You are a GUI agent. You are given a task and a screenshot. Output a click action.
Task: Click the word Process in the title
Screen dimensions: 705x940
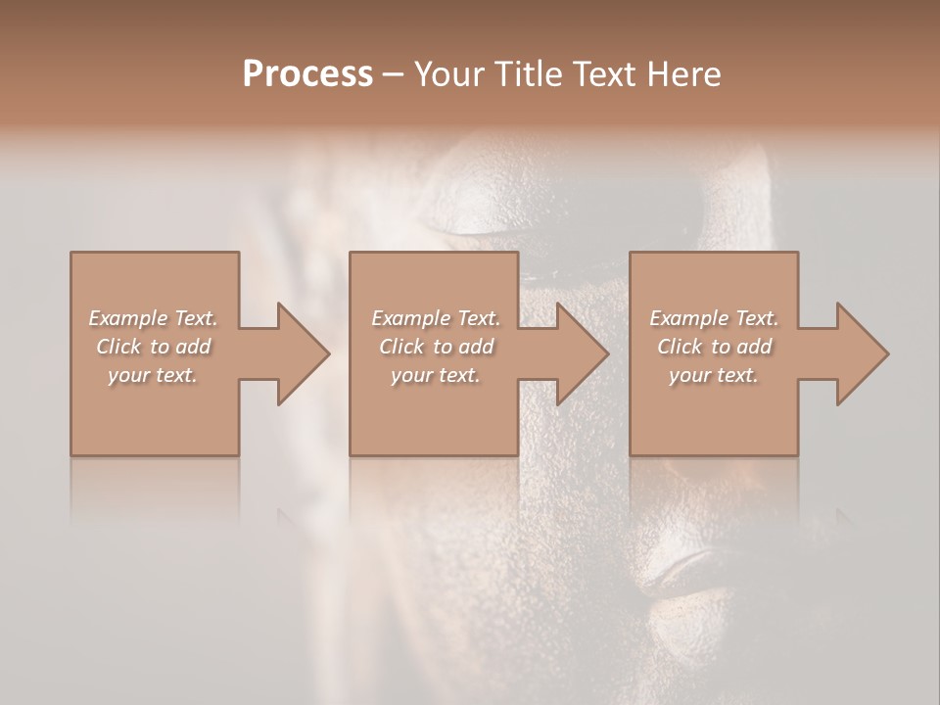click(307, 74)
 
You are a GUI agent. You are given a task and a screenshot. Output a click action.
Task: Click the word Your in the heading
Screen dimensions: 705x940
click(451, 74)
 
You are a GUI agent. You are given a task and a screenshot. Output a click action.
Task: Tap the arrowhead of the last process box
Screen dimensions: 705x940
click(861, 353)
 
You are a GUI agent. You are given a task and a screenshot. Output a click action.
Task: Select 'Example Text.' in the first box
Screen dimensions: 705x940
click(153, 318)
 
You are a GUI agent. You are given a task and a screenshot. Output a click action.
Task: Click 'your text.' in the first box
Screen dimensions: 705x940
click(153, 375)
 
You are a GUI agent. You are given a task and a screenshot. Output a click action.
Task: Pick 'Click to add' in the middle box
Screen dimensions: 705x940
click(436, 347)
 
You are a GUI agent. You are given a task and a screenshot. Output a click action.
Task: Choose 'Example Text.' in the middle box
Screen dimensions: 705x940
click(436, 318)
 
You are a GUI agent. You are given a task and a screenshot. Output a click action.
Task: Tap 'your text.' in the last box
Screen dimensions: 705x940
click(714, 375)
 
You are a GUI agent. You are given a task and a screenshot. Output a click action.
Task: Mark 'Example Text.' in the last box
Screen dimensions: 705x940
click(714, 318)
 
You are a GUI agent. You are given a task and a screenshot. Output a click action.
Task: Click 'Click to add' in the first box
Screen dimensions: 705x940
click(153, 347)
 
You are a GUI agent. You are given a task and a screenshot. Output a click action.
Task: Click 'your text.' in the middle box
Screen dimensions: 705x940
click(436, 375)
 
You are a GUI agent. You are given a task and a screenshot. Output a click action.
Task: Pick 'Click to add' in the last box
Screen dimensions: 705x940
click(714, 347)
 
